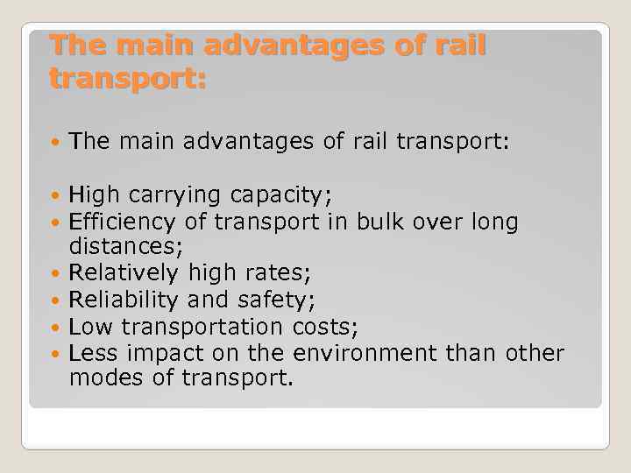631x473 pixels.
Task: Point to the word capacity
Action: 287,194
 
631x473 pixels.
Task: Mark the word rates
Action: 277,275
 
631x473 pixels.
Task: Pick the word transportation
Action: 201,328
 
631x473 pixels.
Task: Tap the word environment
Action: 365,354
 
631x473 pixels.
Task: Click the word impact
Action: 165,354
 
